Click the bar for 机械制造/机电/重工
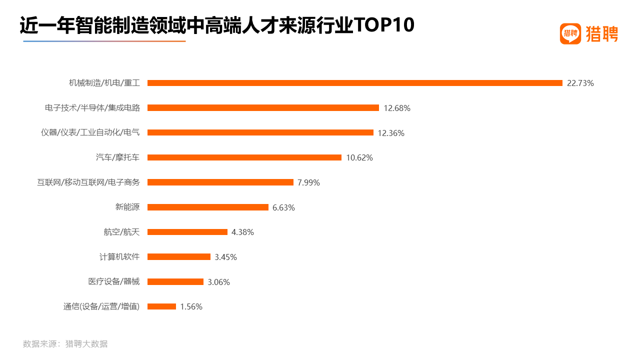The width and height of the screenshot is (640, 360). (x=355, y=83)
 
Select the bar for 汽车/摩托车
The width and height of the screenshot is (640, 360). (x=244, y=157)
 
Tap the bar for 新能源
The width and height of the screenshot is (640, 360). (x=208, y=207)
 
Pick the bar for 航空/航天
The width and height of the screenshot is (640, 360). (x=187, y=232)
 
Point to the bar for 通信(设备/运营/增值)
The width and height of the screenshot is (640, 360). (x=161, y=306)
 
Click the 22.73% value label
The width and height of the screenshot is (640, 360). (x=580, y=83)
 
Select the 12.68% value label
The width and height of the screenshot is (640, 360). (x=397, y=108)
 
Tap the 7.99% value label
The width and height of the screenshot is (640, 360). (x=308, y=182)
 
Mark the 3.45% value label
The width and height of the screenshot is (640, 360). (x=225, y=257)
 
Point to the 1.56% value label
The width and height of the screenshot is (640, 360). (x=191, y=306)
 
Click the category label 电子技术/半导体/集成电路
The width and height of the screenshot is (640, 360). (x=92, y=108)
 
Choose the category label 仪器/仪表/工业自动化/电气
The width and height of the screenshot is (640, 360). (x=90, y=132)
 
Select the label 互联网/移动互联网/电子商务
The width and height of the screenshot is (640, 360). (x=88, y=182)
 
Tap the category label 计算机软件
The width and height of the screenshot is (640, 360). (x=119, y=257)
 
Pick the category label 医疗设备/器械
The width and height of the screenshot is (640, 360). (x=114, y=281)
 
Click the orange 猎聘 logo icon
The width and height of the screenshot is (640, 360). (x=570, y=34)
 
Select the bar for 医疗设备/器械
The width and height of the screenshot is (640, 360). (x=175, y=281)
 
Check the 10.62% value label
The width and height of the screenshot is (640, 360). (x=359, y=157)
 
